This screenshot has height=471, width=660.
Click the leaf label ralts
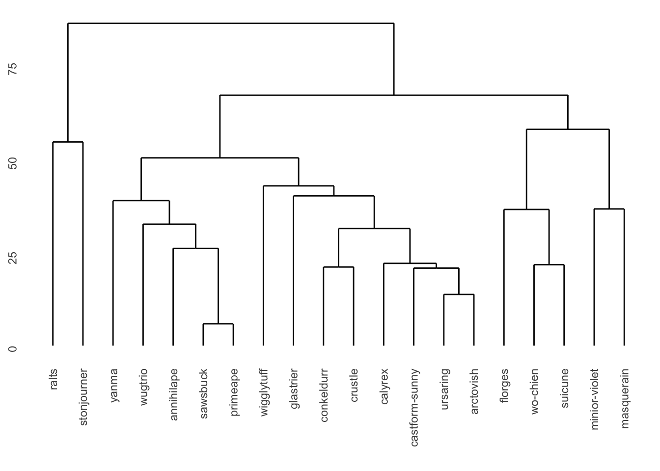click(x=54, y=379)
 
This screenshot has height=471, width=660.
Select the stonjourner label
click(x=83, y=397)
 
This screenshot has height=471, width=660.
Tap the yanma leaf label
click(x=114, y=385)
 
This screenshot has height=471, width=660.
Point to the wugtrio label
click(x=143, y=387)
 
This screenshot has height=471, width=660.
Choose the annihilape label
click(x=173, y=394)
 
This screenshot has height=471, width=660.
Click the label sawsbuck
click(x=204, y=393)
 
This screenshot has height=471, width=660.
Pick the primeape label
click(x=234, y=392)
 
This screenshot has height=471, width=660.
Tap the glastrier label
click(x=294, y=389)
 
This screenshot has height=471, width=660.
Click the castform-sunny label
click(x=414, y=407)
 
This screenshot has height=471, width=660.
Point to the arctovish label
click(x=474, y=392)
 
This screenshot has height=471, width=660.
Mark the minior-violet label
click(x=595, y=399)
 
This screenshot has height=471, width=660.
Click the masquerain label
click(x=625, y=398)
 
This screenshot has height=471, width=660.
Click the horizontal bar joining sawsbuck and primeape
click(x=218, y=324)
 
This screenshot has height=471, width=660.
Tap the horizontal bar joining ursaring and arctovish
click(x=459, y=294)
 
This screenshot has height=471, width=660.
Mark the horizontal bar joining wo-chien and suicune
click(x=549, y=265)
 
